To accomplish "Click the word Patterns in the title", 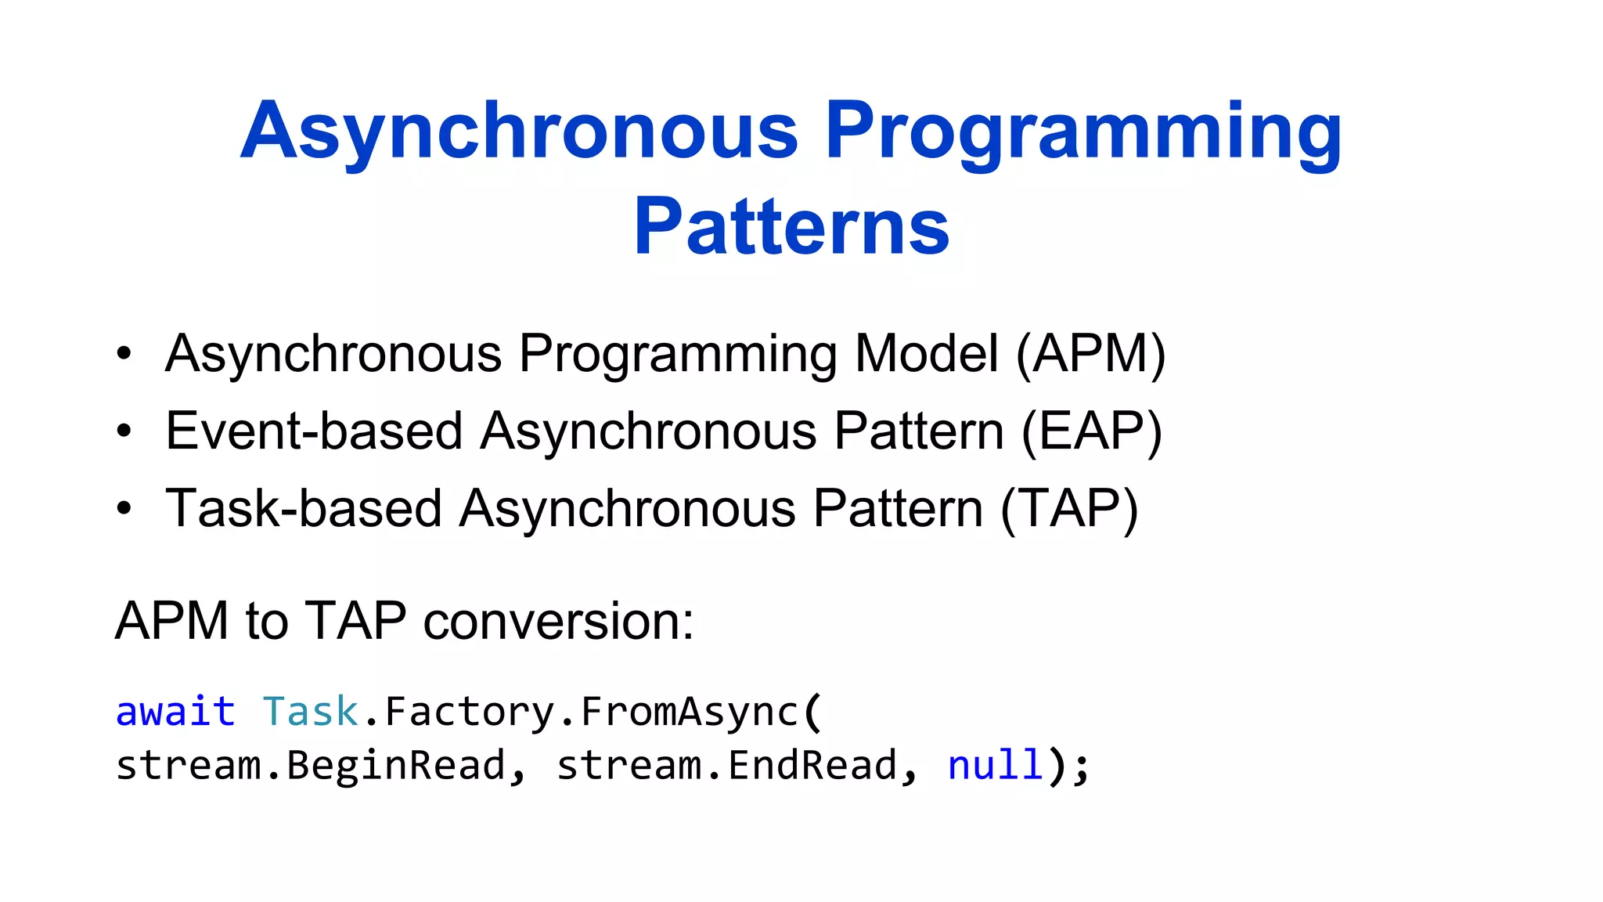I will click(791, 227).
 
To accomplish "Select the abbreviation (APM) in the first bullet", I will click(1090, 354).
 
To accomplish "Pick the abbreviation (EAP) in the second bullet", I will click(1091, 431).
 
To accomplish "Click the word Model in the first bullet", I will click(927, 354).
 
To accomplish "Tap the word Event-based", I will click(314, 431).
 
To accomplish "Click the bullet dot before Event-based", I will click(124, 431).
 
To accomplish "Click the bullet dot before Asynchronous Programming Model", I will click(124, 354).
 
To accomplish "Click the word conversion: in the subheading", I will click(558, 622).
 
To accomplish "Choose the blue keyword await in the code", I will click(175, 712).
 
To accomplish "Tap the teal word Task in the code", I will click(310, 712).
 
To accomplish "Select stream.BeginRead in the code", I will click(311, 766).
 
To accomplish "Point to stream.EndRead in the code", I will click(726, 766).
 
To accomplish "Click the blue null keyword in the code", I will click(995, 766).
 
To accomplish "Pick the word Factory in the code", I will click(469, 712).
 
